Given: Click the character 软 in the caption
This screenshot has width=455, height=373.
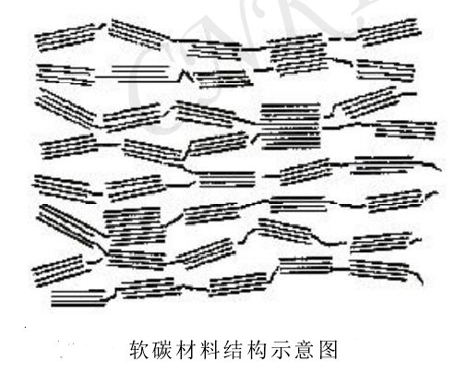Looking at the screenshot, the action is pos(139,350).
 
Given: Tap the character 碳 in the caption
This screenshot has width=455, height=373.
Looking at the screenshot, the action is pos(163,350).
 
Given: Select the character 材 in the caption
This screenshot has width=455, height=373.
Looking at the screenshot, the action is pos(186,350).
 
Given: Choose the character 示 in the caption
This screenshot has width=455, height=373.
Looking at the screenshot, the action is pos(281,350).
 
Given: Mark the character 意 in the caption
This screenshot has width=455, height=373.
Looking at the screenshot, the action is pos(305,350).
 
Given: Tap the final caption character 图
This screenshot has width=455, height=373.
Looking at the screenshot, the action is pos(329,350).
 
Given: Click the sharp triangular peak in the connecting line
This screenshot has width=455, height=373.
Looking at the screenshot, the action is pos(184,71).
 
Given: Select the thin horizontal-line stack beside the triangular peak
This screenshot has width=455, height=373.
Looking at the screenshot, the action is pos(141,73).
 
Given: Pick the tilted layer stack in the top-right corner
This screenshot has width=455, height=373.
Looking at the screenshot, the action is pos(390,32).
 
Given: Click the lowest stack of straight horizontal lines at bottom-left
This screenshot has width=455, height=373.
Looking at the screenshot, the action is pos(78,298).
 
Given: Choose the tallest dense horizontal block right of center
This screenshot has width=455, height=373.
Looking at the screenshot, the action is pos(291,126).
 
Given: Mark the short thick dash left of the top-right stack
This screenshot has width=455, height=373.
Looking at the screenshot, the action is pos(335,39).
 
